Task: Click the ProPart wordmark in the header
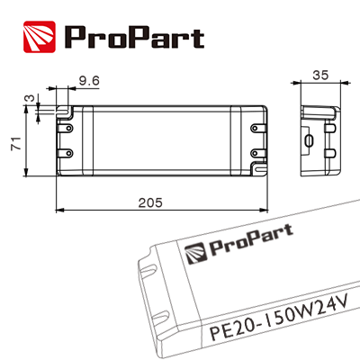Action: (133, 37)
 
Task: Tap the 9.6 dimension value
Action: (88, 82)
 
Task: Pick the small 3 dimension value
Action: (29, 100)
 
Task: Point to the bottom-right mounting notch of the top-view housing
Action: (259, 166)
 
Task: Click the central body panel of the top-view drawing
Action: (162, 139)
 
